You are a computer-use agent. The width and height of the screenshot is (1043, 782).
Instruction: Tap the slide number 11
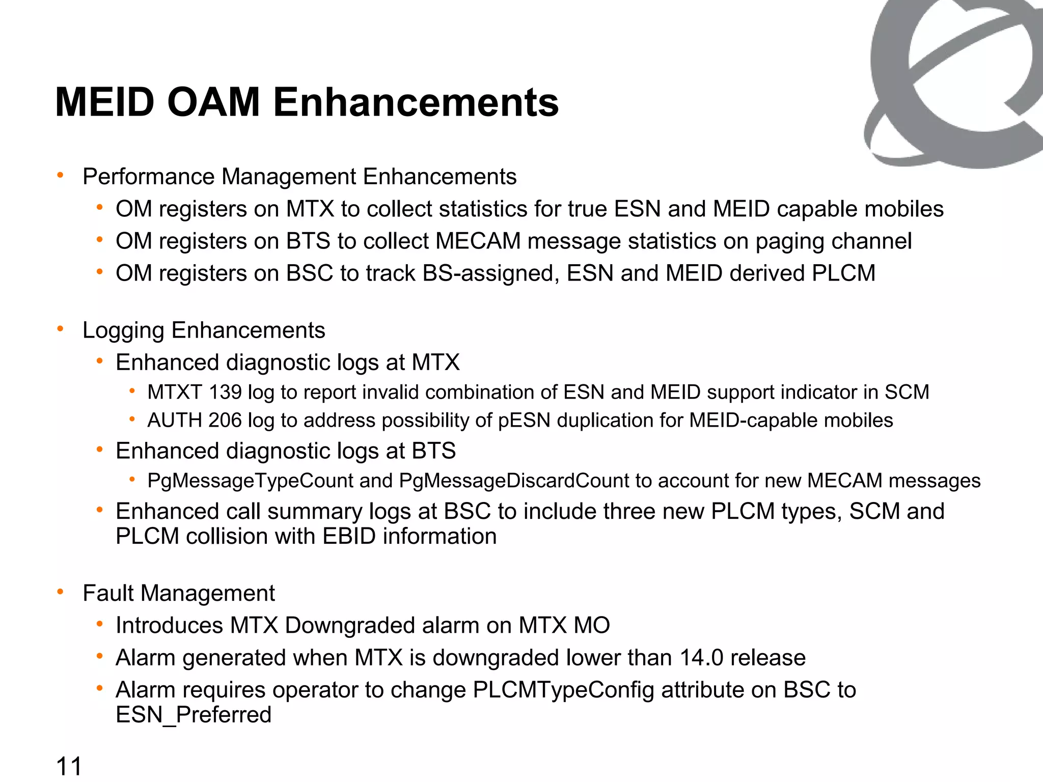[x=69, y=766]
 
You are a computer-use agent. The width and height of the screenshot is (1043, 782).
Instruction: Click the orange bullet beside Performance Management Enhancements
[x=61, y=176]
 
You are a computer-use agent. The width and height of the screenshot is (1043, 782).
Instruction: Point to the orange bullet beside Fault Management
[x=61, y=592]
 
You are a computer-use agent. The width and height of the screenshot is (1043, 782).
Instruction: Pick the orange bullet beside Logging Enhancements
[x=61, y=329]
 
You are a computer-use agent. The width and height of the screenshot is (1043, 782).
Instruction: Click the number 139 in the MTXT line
[x=225, y=393]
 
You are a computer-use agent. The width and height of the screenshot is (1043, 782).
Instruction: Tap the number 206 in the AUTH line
[x=225, y=421]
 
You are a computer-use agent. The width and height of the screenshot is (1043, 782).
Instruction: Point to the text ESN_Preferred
[x=194, y=715]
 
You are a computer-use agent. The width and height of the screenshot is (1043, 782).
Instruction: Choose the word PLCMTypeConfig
[x=563, y=690]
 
